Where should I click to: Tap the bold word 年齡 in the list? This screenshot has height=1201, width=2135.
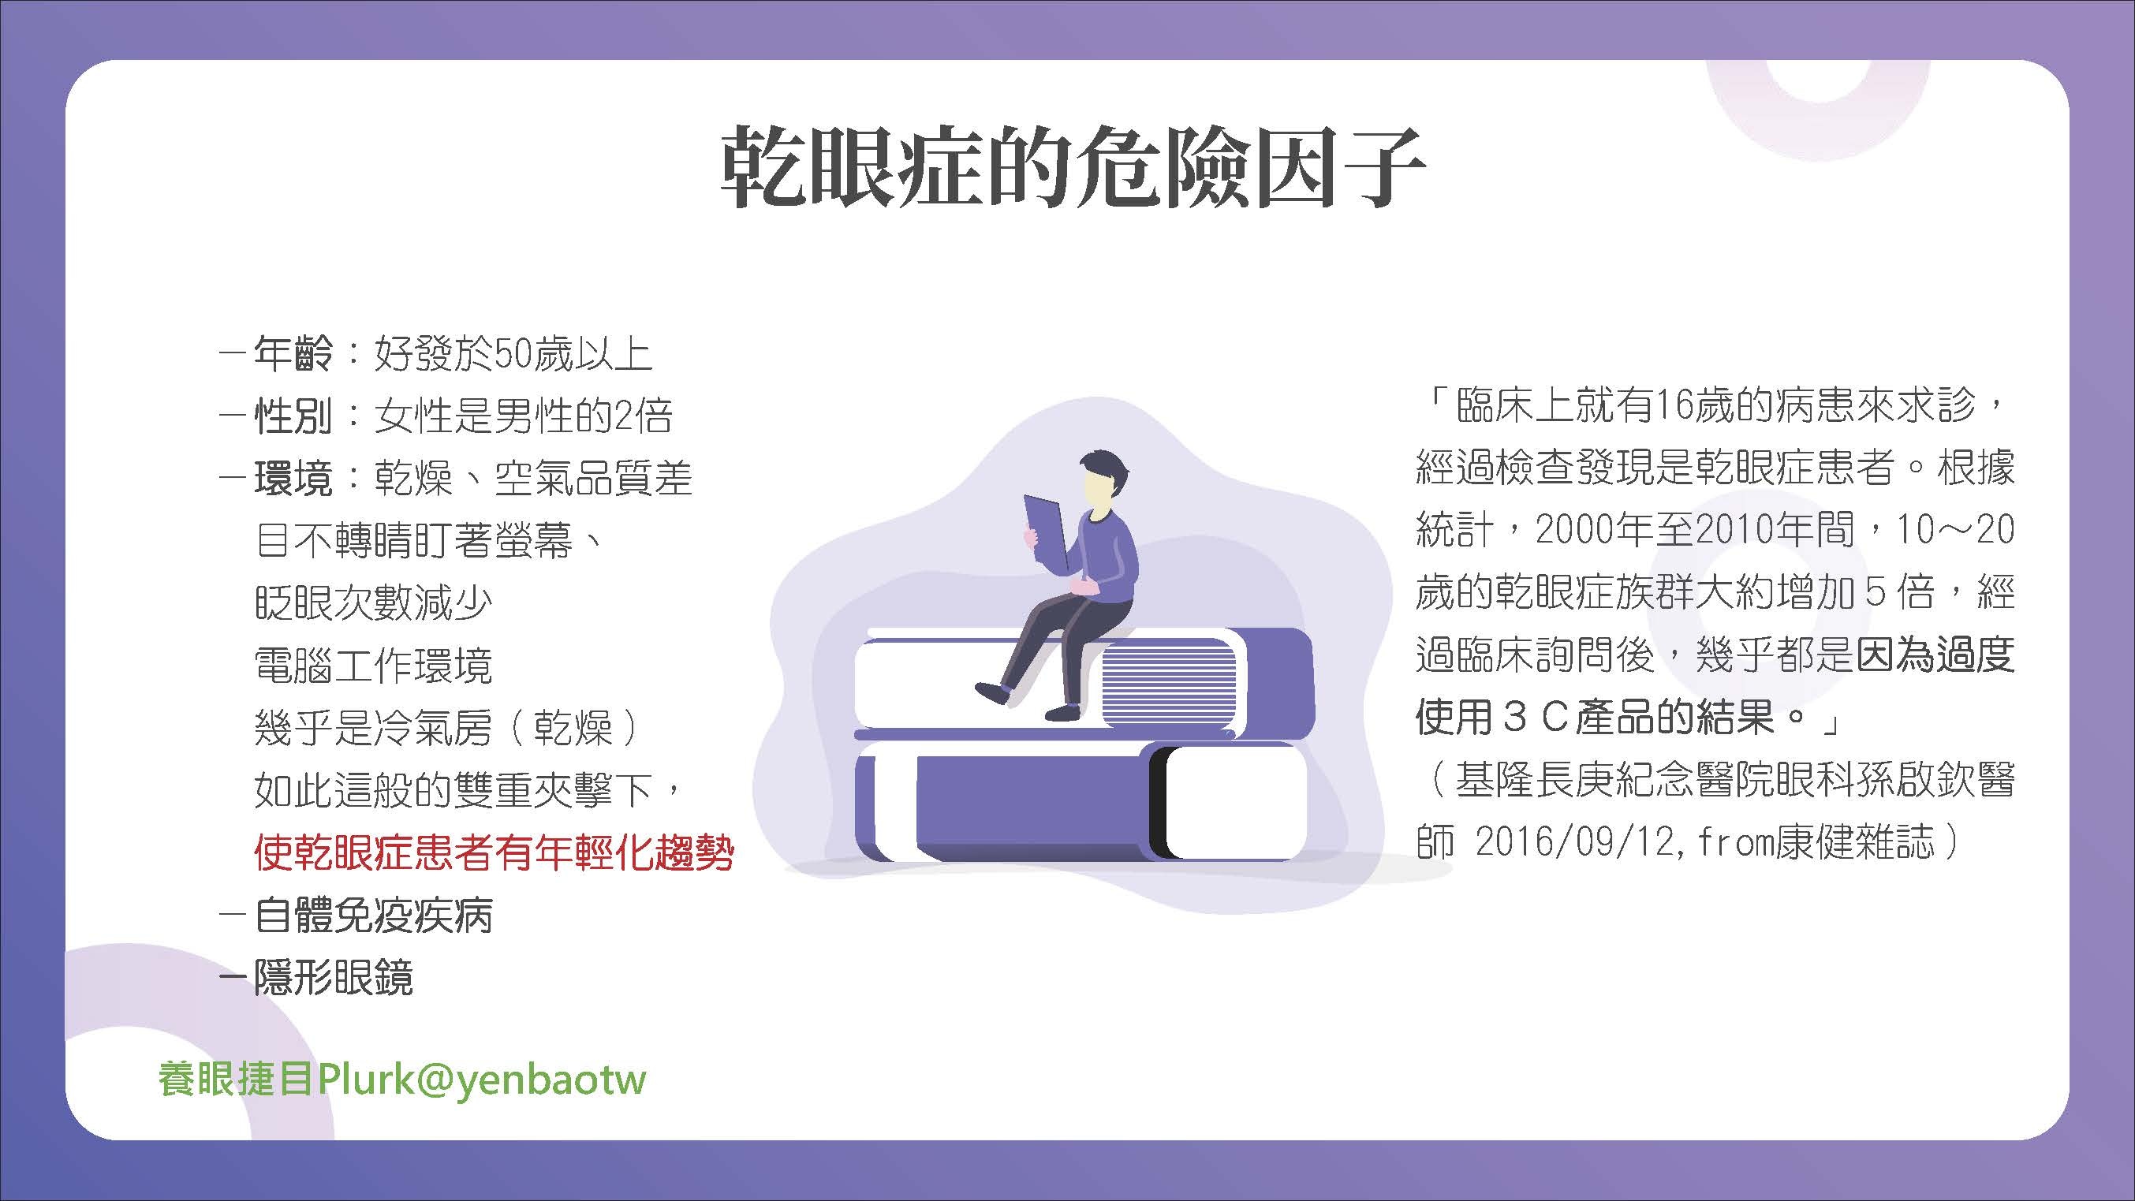pyautogui.click(x=293, y=353)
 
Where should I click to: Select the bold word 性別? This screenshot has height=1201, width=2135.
pyautogui.click(x=293, y=416)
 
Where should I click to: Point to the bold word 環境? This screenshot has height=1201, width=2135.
pyautogui.click(x=293, y=478)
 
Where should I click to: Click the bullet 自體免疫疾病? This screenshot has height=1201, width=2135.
pyautogui.click(x=374, y=916)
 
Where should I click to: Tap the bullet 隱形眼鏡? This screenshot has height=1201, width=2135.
pyautogui.click(x=334, y=978)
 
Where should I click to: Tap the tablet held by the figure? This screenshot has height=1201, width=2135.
pyautogui.click(x=1047, y=531)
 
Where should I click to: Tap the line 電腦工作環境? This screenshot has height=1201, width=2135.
pyautogui.click(x=374, y=666)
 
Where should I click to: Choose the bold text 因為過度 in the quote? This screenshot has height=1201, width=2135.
pyautogui.click(x=1934, y=655)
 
